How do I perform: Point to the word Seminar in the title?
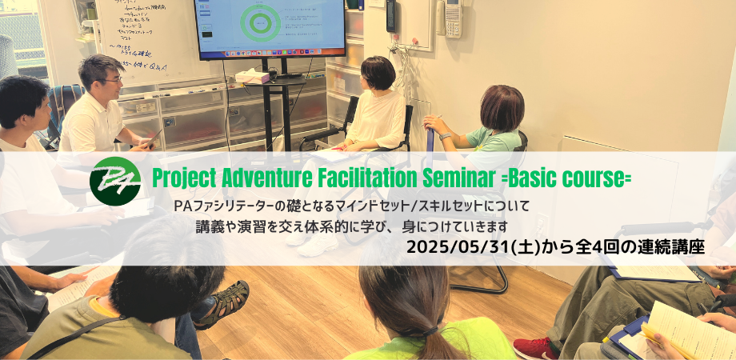point(479,178)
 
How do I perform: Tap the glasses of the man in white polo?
point(112,80)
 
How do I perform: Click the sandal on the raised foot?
point(221,302)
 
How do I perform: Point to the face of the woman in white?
point(368,78)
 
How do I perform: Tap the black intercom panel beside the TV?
point(391,16)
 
